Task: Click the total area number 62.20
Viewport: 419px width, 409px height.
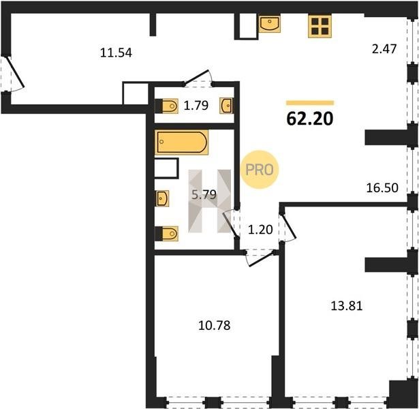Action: point(310,119)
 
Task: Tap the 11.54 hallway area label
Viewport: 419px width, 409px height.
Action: point(116,52)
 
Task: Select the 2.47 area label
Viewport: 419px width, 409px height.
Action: point(384,49)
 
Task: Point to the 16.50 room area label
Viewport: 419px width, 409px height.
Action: point(382,188)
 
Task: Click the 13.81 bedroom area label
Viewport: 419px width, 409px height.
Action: point(347,306)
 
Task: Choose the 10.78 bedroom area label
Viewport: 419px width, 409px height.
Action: point(215,325)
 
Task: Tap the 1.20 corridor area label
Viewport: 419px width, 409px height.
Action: point(260,230)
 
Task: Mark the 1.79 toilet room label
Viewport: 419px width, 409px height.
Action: point(196,106)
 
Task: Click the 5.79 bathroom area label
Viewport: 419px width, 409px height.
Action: point(204,194)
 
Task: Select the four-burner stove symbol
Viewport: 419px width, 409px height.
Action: point(320,26)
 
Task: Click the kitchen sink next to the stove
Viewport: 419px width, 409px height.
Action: point(270,24)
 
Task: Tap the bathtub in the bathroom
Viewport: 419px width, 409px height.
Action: point(182,142)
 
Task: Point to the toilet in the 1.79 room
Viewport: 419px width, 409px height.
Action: point(167,106)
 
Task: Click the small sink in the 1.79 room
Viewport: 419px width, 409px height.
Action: point(226,106)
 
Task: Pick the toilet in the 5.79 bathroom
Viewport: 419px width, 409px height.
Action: point(167,234)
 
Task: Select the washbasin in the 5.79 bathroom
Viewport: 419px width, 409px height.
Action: point(162,198)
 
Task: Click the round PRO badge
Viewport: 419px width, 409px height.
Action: point(260,170)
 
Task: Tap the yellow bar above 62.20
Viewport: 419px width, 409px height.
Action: point(310,103)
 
